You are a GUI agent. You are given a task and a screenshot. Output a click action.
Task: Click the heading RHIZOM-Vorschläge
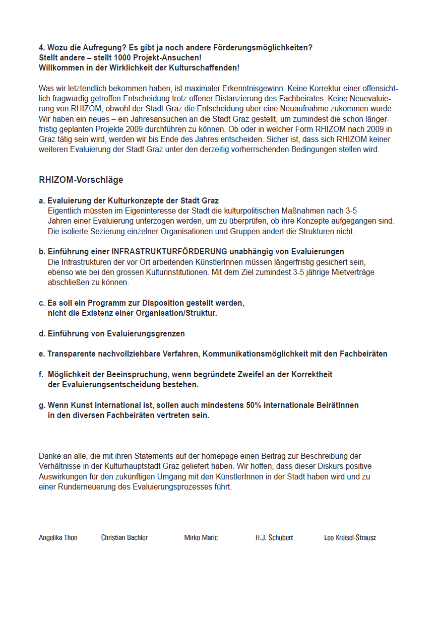pos(81,180)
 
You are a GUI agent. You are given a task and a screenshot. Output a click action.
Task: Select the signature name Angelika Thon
pos(58,538)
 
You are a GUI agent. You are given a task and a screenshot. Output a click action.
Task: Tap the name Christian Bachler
pos(124,538)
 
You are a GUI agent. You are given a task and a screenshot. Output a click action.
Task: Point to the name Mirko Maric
pos(201,538)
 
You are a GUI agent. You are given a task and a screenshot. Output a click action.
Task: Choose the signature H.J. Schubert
pos(274,538)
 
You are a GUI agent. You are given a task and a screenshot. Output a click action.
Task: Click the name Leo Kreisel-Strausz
pos(350,538)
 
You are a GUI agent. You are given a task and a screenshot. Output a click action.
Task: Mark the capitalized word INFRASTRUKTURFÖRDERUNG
pos(169,251)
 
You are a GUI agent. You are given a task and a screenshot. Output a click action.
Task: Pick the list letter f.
pos(41,375)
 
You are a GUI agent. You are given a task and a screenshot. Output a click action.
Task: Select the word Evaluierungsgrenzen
pos(146,334)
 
